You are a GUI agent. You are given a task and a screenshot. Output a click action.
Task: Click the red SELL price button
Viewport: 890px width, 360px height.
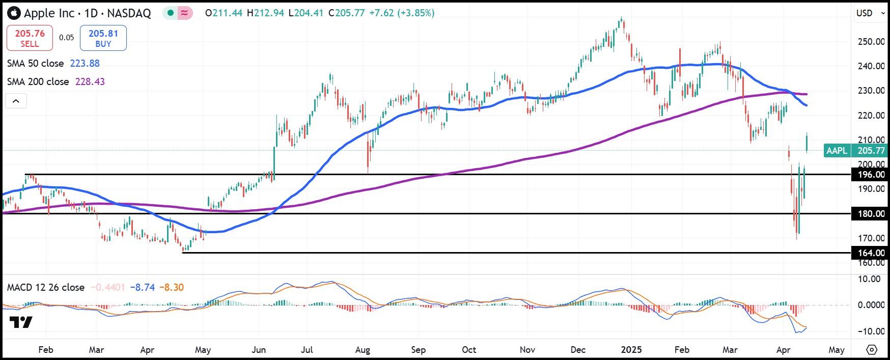tap(30, 38)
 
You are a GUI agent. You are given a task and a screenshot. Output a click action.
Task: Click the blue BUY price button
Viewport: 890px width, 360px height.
tap(103, 38)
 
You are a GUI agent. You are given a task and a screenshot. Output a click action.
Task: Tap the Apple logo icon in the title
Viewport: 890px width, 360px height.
tap(14, 13)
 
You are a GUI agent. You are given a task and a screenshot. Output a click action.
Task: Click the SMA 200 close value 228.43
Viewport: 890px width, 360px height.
tap(90, 82)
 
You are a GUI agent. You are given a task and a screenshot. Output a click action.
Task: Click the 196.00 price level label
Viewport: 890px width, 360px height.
tap(871, 175)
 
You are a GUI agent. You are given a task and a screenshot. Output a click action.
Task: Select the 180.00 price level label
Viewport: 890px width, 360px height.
tap(871, 214)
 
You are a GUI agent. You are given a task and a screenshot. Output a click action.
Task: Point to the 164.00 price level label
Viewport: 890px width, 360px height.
tap(871, 253)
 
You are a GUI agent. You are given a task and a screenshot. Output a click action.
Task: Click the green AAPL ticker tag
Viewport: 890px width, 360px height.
tap(837, 151)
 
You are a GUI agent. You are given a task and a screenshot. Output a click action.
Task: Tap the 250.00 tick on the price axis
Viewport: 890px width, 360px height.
tap(871, 42)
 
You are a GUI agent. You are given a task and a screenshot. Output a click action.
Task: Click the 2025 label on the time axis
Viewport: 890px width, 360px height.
tap(631, 350)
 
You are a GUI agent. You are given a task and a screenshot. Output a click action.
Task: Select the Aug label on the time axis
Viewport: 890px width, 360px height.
tap(362, 350)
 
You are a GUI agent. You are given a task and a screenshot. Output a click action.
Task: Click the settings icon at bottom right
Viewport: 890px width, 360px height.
tap(872, 350)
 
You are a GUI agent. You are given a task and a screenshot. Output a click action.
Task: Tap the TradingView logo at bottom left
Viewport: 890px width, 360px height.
tap(21, 322)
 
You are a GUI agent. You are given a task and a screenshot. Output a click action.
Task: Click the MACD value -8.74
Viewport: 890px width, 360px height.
tap(142, 288)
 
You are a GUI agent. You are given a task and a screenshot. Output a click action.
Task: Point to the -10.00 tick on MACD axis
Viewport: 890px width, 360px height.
tap(871, 331)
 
